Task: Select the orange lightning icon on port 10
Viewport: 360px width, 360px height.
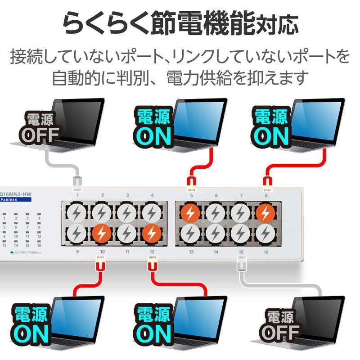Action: (x=102, y=233)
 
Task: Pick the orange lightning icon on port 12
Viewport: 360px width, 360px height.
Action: (x=152, y=233)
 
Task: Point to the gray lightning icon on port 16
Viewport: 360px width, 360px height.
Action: (x=265, y=233)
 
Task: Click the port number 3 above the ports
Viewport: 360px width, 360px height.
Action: (x=127, y=195)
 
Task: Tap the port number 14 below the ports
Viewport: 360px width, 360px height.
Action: (x=216, y=252)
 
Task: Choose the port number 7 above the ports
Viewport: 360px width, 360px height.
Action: (x=241, y=195)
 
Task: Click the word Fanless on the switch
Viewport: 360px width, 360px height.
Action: (x=9, y=199)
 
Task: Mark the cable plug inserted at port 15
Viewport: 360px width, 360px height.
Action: (x=241, y=263)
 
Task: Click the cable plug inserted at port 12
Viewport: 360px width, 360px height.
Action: (x=152, y=263)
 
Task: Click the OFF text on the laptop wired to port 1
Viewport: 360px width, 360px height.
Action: (x=41, y=135)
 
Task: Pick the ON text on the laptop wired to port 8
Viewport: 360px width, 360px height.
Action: (x=271, y=135)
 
